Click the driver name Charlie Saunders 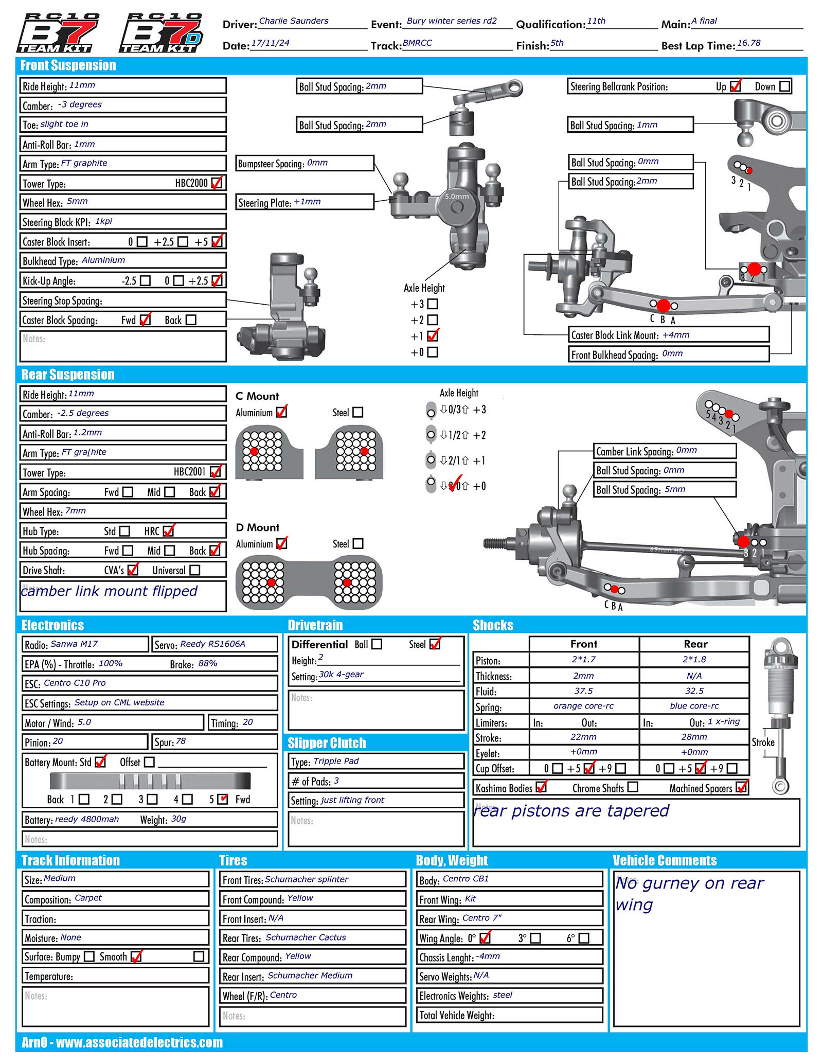pyautogui.click(x=294, y=21)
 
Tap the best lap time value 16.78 pyautogui.click(x=748, y=43)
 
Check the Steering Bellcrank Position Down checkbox pyautogui.click(x=784, y=86)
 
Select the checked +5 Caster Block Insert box pyautogui.click(x=217, y=241)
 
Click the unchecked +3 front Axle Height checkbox pyautogui.click(x=433, y=304)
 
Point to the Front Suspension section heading pyautogui.click(x=68, y=65)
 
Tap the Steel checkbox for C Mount pyautogui.click(x=358, y=412)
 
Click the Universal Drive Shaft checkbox pyautogui.click(x=194, y=570)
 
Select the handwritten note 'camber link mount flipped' pyautogui.click(x=109, y=591)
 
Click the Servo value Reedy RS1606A pyautogui.click(x=212, y=644)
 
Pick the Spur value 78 pyautogui.click(x=181, y=741)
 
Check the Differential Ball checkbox pyautogui.click(x=377, y=644)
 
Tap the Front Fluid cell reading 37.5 pyautogui.click(x=583, y=691)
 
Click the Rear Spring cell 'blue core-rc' pyautogui.click(x=694, y=706)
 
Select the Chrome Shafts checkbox pyautogui.click(x=633, y=787)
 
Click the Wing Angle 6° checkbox pyautogui.click(x=584, y=938)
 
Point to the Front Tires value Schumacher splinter pyautogui.click(x=307, y=879)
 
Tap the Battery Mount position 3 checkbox pyautogui.click(x=152, y=799)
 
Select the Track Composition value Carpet pyautogui.click(x=88, y=898)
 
